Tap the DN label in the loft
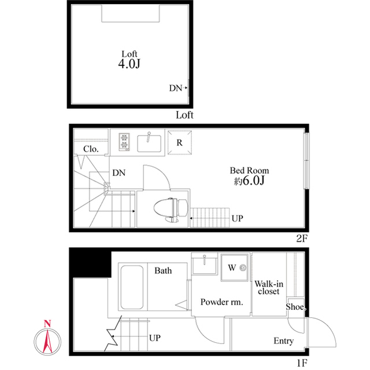coord(176,89)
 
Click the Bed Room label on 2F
coord(249,175)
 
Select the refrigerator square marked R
coord(180,142)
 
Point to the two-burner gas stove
coord(124,142)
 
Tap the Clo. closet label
coord(91,149)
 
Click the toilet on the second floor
coord(172,208)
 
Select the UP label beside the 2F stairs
coord(237,219)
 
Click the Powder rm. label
coord(221,302)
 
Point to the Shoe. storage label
coord(296,307)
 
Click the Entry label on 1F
coord(283,341)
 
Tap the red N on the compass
coord(49,323)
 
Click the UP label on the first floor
coord(154,338)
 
